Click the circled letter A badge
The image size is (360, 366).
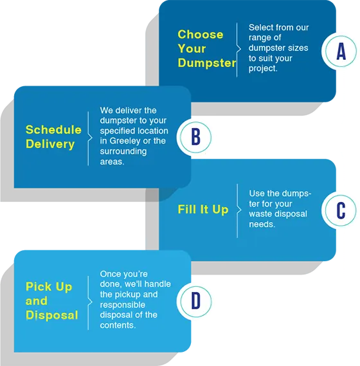point(341,51)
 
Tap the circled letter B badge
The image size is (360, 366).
point(195,137)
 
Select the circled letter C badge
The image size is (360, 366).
point(341,210)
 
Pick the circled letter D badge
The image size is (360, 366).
point(196,302)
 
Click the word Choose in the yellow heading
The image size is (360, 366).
point(201,35)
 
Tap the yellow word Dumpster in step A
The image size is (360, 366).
point(207,63)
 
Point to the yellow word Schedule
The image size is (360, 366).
point(53,129)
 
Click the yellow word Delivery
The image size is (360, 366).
point(50,144)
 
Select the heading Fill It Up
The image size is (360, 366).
point(203,210)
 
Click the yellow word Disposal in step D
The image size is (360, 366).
point(52,315)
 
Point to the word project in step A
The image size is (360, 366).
point(263,69)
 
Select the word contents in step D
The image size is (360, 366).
point(118,325)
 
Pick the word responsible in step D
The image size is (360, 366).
point(123,305)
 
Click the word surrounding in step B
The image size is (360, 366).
point(123,151)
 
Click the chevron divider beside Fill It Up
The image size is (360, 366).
point(239,210)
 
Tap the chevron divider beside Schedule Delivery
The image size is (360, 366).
point(89,138)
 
